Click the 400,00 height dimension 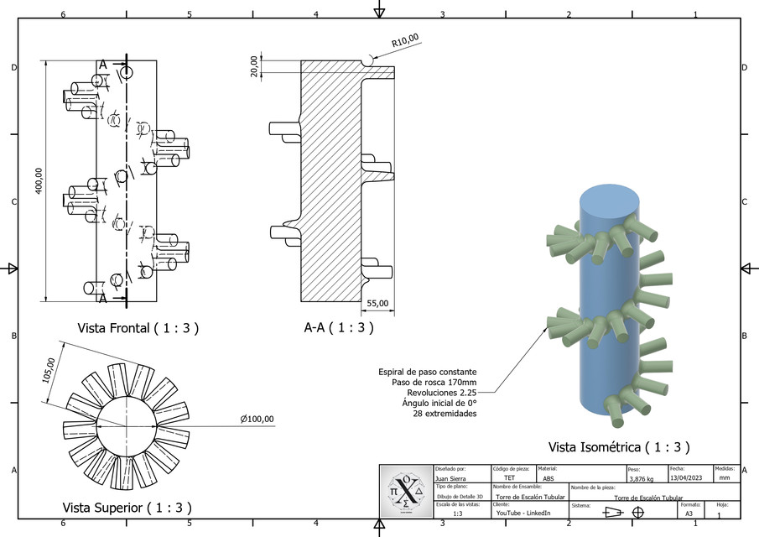(38, 180)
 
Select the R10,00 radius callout (405, 39)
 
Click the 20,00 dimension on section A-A (253, 66)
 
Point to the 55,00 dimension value (377, 303)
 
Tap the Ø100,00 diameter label (257, 419)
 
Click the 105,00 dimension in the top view (49, 371)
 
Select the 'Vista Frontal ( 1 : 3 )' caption (138, 328)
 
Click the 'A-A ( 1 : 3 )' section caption (338, 328)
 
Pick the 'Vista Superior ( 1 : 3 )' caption (127, 508)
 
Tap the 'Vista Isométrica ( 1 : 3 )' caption (619, 447)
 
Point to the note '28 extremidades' (444, 414)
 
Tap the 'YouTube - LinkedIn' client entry (523, 513)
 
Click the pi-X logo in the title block (406, 491)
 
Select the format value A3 (689, 513)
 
